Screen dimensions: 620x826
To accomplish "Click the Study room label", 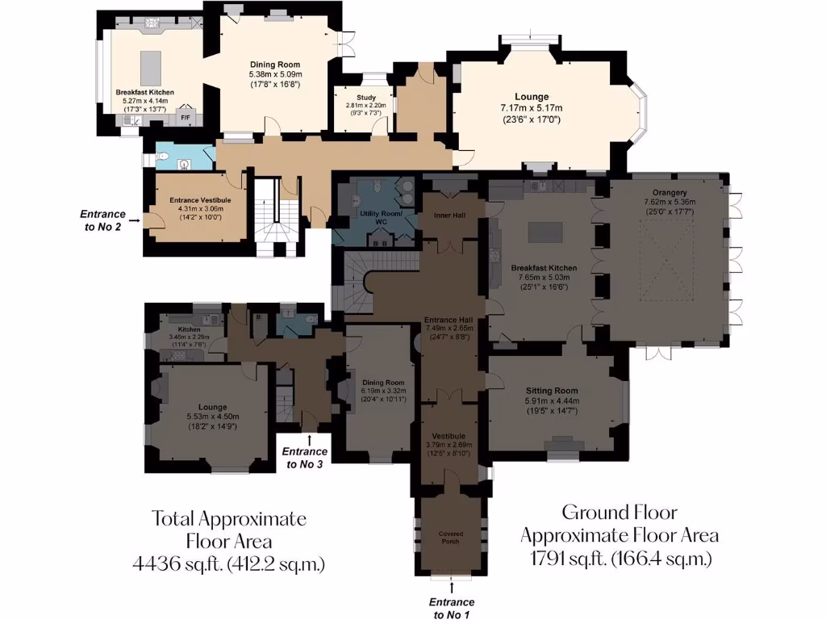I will tap(361, 96).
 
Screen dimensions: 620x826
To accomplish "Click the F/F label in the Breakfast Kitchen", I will tap(185, 119).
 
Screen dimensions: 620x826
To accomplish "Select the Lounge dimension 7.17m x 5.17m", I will tap(531, 107).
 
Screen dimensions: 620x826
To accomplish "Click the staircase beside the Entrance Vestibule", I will tap(275, 212).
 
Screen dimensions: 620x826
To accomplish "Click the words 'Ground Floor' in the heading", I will tap(619, 512).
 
